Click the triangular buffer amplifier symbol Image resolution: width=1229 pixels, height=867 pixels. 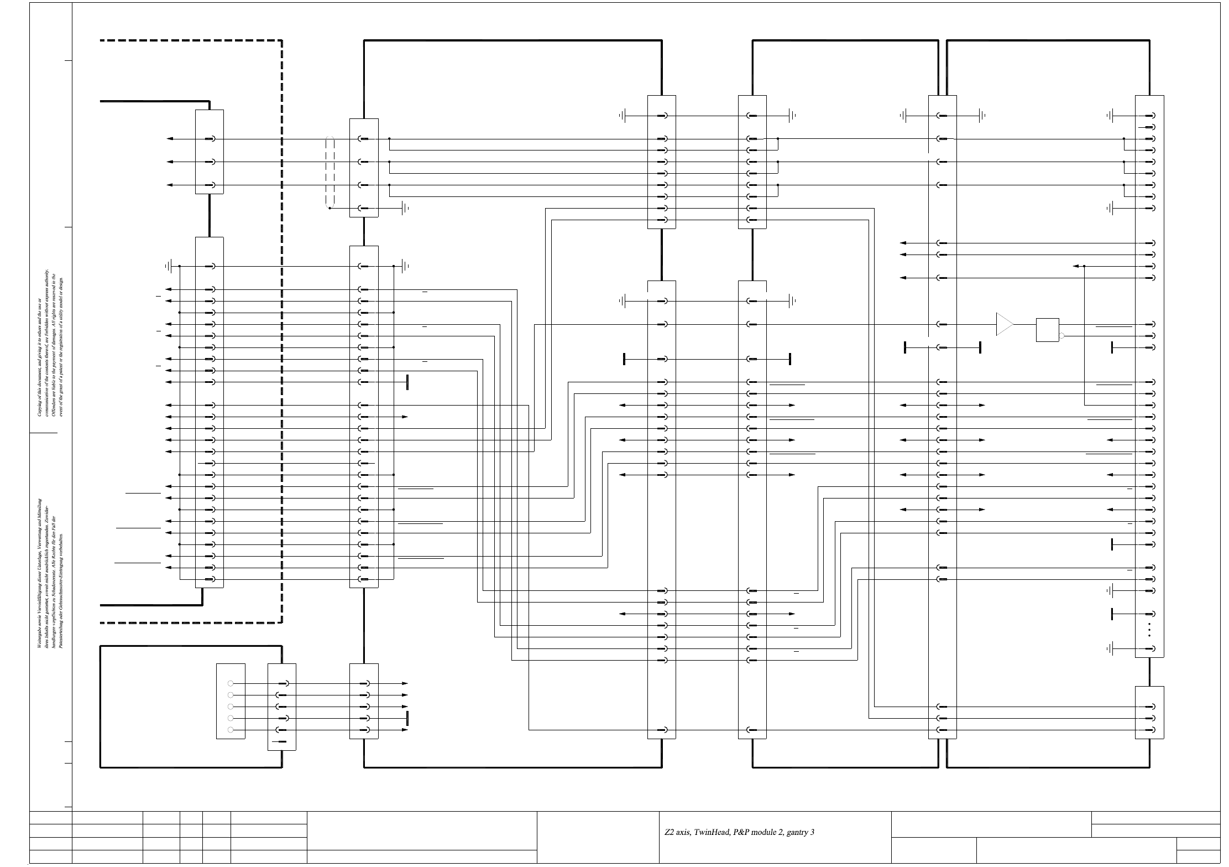[1004, 324]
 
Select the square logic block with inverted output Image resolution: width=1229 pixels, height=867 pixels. [1047, 329]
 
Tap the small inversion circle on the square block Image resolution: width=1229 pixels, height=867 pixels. [1061, 336]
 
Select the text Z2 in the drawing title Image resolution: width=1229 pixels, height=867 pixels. [669, 832]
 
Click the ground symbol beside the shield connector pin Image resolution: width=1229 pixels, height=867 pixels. [405, 208]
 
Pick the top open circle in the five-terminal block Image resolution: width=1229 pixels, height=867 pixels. [231, 684]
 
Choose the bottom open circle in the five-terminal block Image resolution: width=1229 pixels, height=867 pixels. [231, 730]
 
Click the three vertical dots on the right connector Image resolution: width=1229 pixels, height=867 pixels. [1149, 630]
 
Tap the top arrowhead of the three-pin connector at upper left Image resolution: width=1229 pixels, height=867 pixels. [169, 139]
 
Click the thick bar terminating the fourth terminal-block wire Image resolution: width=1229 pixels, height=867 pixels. [407, 718]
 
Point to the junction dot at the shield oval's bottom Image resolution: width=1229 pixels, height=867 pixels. [330, 208]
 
